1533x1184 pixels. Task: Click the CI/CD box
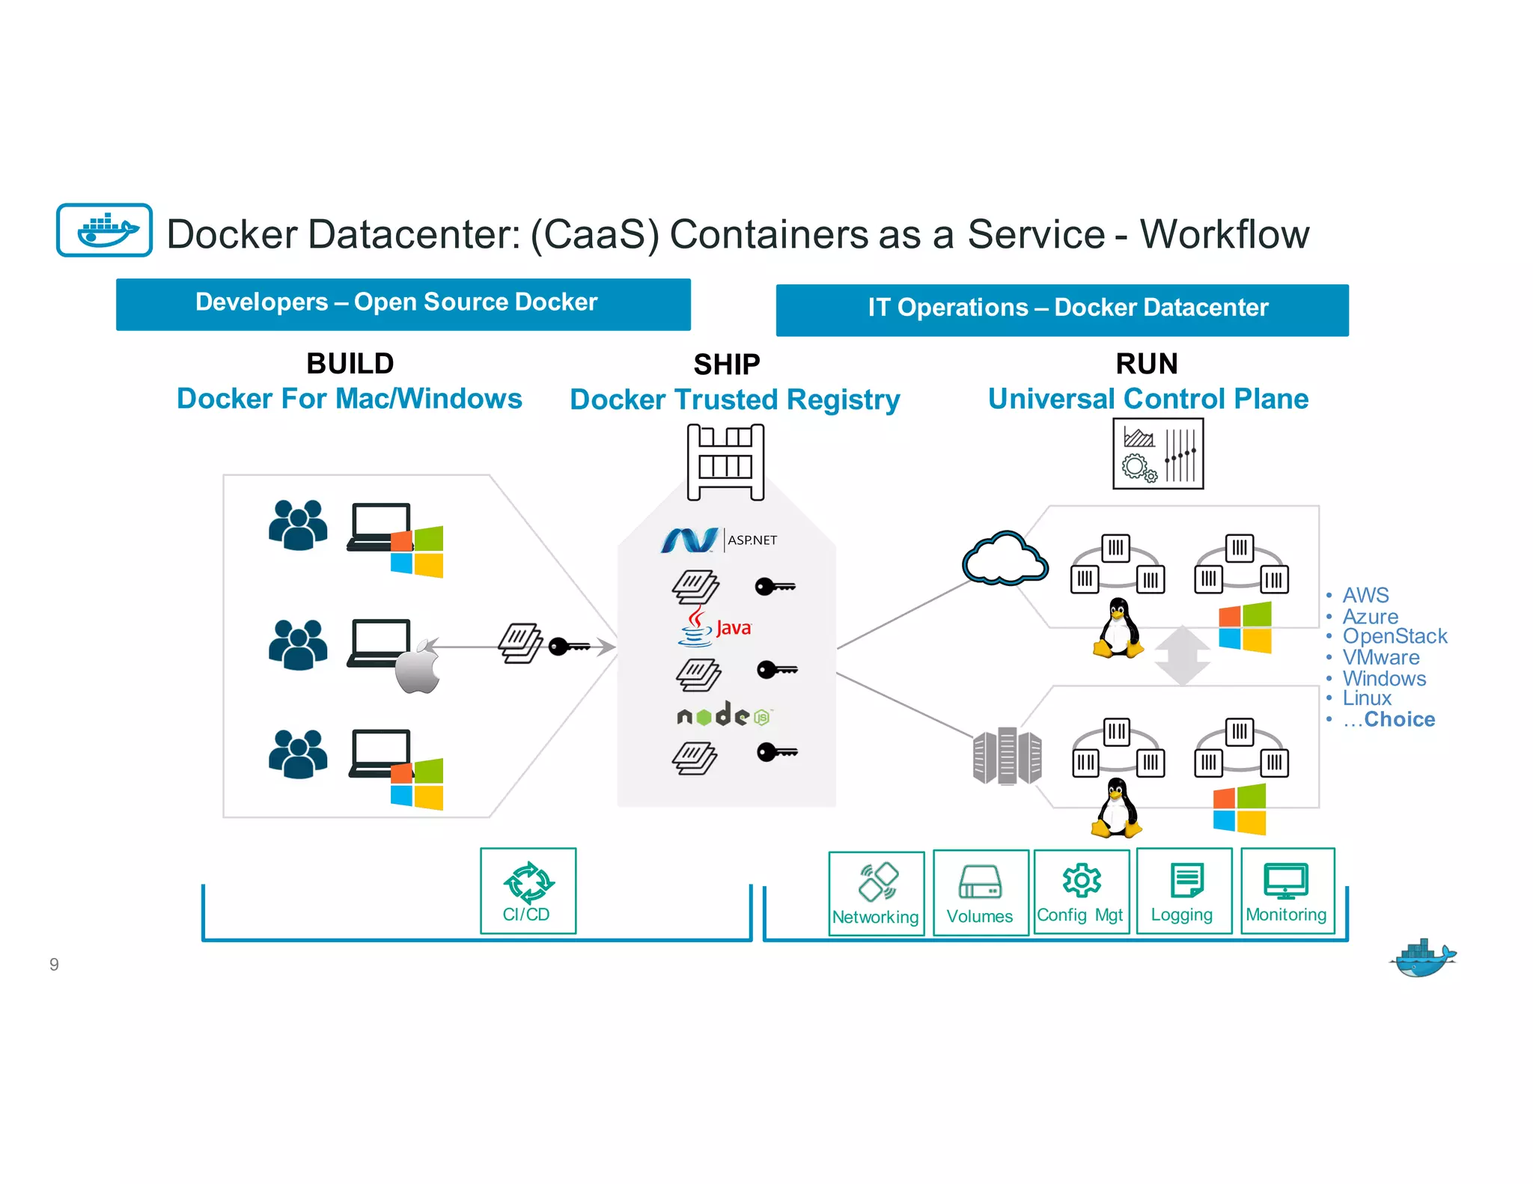point(528,891)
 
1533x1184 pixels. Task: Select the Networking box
point(876,893)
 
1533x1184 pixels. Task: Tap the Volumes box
point(980,892)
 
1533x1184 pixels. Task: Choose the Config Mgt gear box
point(1081,891)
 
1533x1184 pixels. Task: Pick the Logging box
point(1183,891)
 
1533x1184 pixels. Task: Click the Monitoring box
point(1287,891)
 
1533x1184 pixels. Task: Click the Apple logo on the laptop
point(418,667)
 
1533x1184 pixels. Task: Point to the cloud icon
point(1005,560)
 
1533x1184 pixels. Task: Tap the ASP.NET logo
point(719,540)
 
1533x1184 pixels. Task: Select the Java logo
point(715,627)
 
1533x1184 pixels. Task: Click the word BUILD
point(350,364)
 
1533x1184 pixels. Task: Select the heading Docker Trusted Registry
point(734,400)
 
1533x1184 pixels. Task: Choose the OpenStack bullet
point(1394,636)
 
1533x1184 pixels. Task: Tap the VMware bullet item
point(1380,657)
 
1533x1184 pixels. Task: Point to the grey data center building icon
point(1007,756)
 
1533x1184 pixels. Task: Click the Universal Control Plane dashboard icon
point(1157,454)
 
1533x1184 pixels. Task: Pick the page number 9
point(54,964)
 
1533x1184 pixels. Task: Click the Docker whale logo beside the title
point(105,231)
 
